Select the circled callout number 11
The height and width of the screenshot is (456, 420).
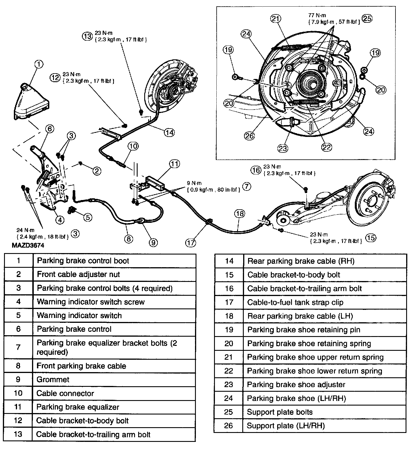click(x=174, y=164)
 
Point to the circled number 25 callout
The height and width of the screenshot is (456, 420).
click(x=367, y=18)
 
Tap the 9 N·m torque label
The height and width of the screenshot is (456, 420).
click(x=194, y=183)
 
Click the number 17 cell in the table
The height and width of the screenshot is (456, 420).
click(x=229, y=302)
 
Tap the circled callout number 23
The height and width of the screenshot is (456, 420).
click(x=283, y=148)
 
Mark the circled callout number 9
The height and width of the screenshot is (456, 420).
click(x=153, y=242)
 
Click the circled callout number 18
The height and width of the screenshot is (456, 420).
click(x=239, y=214)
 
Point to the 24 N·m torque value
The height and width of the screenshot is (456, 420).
click(x=25, y=230)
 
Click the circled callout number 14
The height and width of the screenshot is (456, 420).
click(x=169, y=132)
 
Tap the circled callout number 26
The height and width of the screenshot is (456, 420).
click(x=250, y=135)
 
